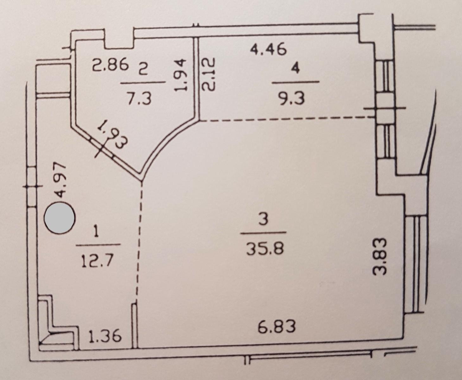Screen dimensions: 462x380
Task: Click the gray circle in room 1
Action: tap(59, 218)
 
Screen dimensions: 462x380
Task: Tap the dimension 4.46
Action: tap(268, 49)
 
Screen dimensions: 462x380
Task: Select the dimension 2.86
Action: tap(110, 64)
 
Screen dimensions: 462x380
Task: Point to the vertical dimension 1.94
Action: tap(181, 74)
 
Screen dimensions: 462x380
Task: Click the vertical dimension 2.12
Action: tap(208, 74)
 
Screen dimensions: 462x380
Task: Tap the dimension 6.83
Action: tap(277, 326)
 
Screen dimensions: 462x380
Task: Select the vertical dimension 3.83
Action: tap(379, 256)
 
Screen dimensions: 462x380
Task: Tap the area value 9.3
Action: tap(291, 98)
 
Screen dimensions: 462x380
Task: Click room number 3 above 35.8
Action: tap(263, 219)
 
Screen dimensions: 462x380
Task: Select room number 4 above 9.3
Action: tap(295, 69)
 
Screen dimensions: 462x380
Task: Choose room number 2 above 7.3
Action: tap(143, 70)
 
